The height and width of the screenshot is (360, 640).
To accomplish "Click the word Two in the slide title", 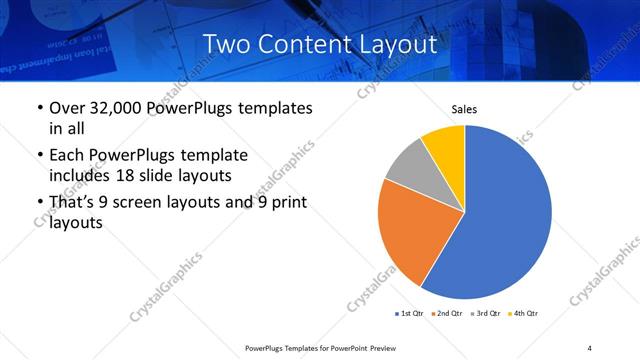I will [x=226, y=44].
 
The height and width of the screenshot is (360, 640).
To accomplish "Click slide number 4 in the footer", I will [x=590, y=347].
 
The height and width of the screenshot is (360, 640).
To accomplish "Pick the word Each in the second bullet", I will [x=68, y=156].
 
